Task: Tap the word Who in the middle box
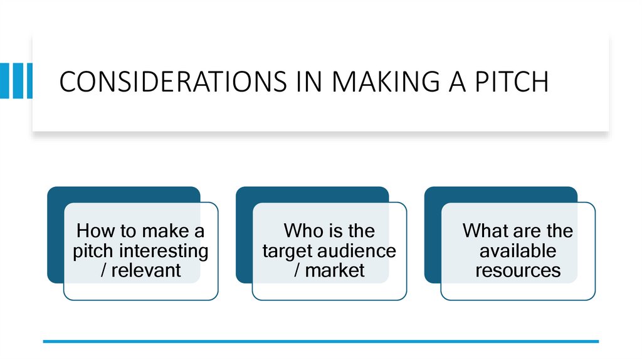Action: point(302,231)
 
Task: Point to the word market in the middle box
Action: point(335,270)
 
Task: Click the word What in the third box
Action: point(484,231)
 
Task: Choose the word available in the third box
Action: point(518,251)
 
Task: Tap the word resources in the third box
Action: point(518,270)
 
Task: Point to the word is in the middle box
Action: point(334,231)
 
